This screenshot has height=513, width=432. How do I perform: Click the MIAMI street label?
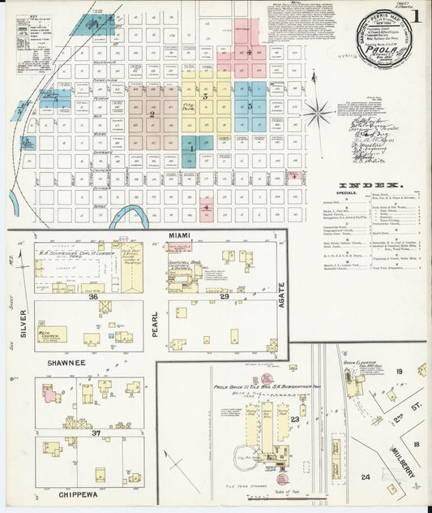[x=178, y=235]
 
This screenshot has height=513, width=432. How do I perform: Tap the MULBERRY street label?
[x=404, y=462]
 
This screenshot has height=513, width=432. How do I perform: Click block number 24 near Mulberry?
[x=366, y=477]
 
